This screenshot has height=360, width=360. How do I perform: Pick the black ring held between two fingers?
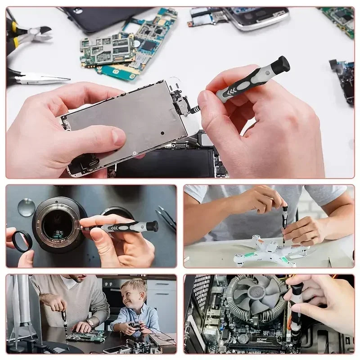click(x=21, y=241)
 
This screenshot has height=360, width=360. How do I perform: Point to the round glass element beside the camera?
click(x=26, y=207)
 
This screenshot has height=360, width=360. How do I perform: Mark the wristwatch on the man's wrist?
click(x=91, y=324)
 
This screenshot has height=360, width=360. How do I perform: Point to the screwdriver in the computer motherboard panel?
click(x=296, y=310)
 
